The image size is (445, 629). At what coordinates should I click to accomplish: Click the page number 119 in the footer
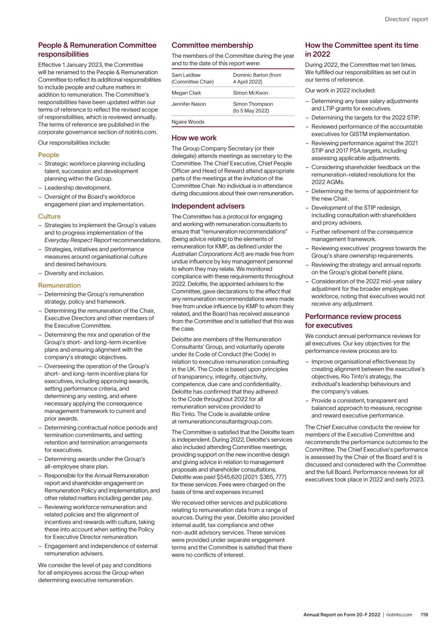pos(424,615)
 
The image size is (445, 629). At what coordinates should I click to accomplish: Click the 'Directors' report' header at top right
pos(406,19)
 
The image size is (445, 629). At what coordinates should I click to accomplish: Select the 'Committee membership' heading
pos(212,45)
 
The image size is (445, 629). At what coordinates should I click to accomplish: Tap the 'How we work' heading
pos(194,138)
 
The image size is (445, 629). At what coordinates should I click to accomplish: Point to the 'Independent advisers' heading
pos(208,206)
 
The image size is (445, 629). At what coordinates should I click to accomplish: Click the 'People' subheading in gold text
pos(48,155)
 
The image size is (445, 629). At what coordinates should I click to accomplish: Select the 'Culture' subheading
pos(49,216)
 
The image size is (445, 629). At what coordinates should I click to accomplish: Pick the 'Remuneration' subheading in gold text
pos(59,285)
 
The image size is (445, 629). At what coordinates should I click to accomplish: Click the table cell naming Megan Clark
pos(186,93)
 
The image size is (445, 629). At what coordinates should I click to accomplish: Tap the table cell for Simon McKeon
pos(250,93)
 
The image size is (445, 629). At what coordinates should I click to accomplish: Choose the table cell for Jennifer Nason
pos(189,104)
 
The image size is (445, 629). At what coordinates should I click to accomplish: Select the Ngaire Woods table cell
pos(188,122)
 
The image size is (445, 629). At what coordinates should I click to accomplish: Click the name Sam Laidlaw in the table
pos(186,75)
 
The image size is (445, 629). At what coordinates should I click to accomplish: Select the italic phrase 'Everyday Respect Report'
pos(78,240)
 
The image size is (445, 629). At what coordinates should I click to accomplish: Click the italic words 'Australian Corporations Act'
pos(207,254)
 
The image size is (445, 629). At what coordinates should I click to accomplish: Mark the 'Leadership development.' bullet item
pos(77,188)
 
